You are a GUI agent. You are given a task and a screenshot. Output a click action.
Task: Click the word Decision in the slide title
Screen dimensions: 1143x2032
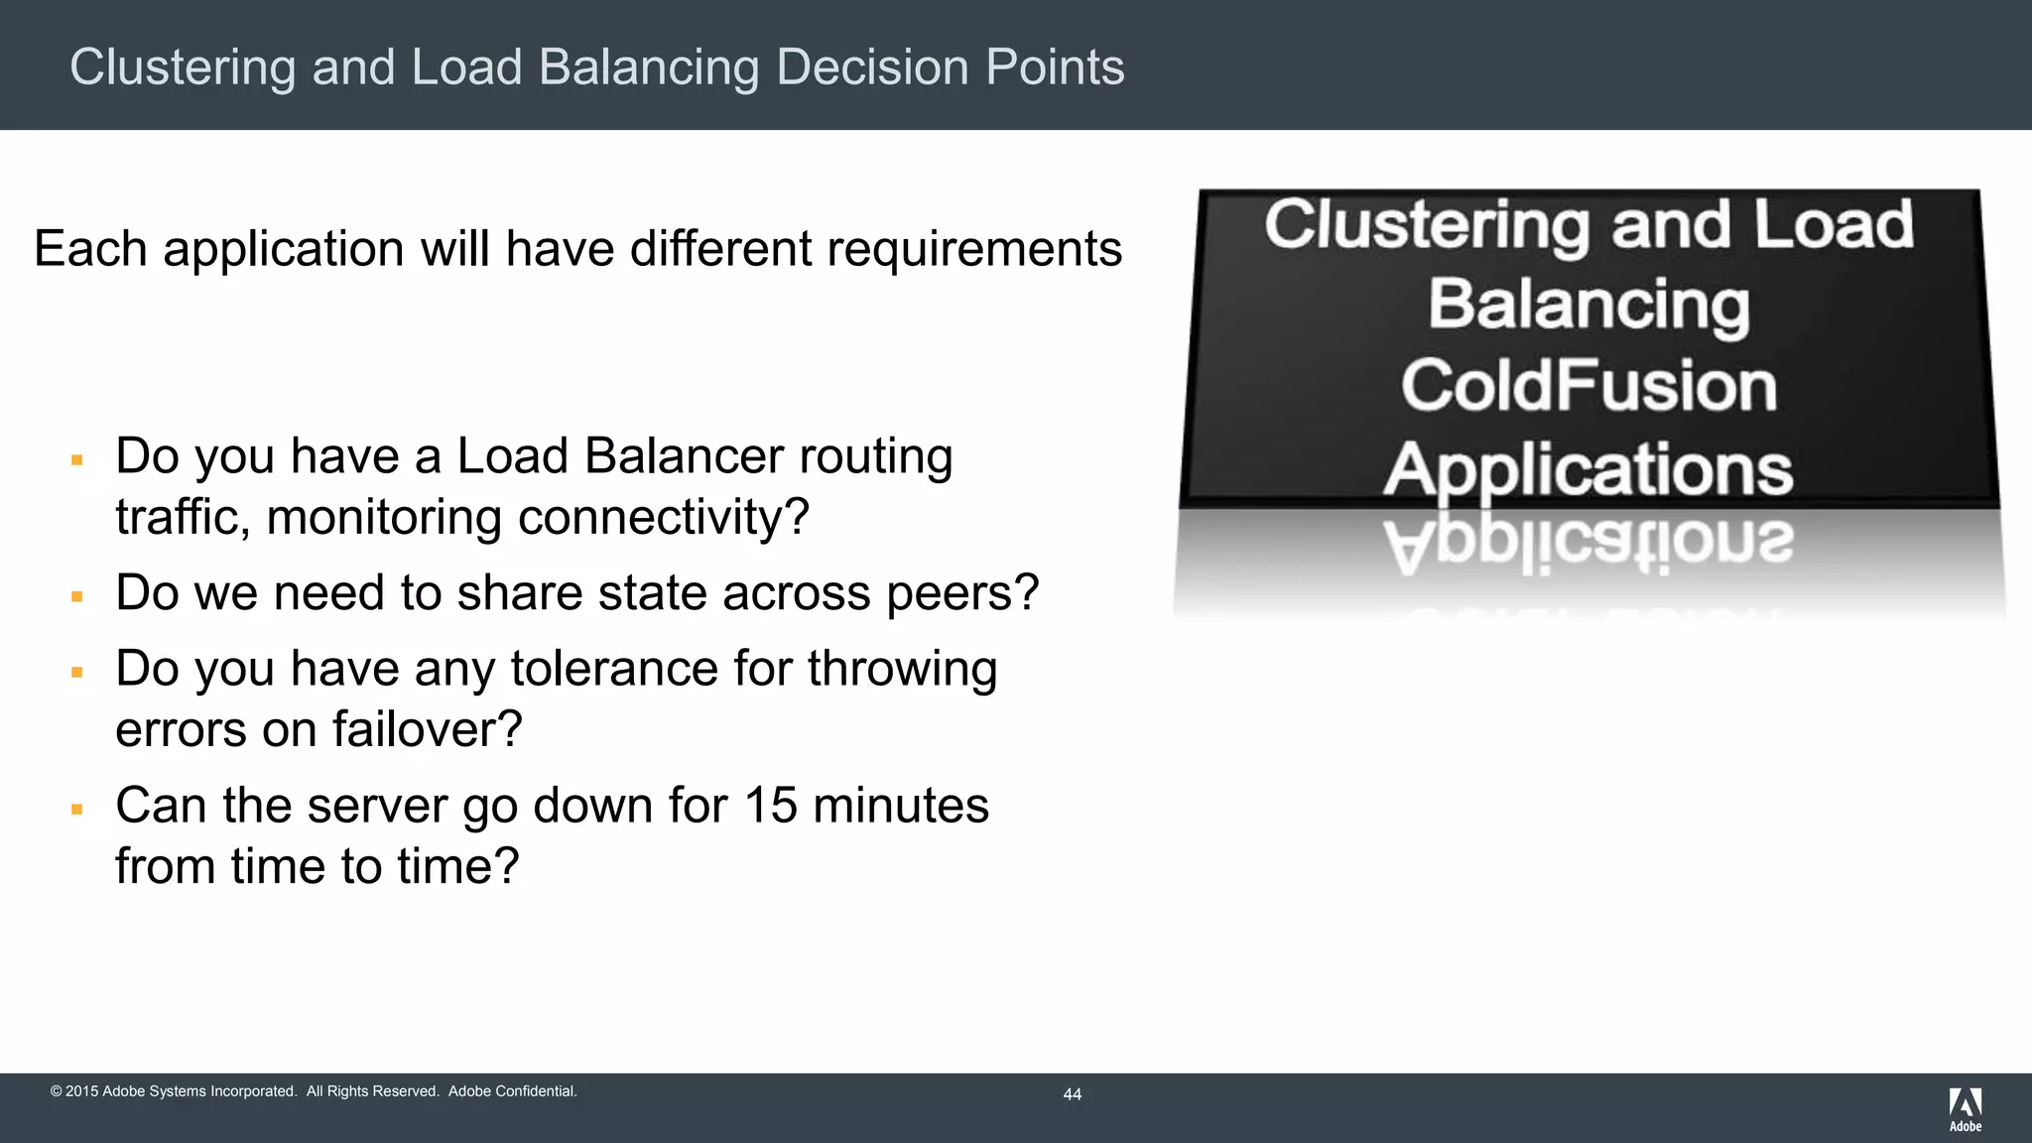tap(871, 67)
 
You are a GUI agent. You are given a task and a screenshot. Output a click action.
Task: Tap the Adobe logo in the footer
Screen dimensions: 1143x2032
tap(1965, 1108)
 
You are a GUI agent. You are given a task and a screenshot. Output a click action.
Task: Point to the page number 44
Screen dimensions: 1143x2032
tap(1072, 1094)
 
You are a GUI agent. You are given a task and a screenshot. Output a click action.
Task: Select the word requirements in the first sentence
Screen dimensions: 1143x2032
tap(974, 249)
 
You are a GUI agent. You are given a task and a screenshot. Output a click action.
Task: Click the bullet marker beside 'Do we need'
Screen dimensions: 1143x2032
tap(76, 596)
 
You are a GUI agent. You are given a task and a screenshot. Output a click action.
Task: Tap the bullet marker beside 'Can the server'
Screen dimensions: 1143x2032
tap(76, 809)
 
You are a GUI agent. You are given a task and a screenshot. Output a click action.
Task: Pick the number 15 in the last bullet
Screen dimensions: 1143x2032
tap(770, 805)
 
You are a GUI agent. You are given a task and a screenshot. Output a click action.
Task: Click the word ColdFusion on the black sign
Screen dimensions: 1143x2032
tap(1588, 386)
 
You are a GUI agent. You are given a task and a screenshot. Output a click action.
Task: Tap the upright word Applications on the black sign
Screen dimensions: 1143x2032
tap(1588, 469)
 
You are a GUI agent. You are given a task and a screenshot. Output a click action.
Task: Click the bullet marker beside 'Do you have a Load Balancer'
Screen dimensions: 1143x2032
tap(76, 459)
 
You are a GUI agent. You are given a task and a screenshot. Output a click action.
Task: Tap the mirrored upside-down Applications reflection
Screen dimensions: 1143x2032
tap(1588, 544)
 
